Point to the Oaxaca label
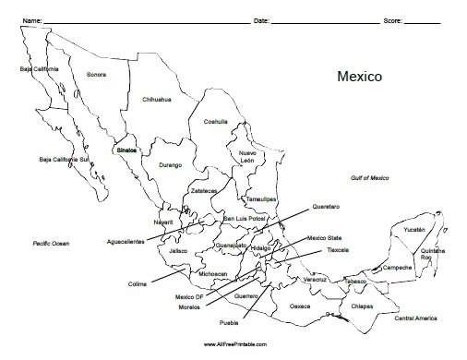[302, 304]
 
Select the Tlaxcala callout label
[339, 249]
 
